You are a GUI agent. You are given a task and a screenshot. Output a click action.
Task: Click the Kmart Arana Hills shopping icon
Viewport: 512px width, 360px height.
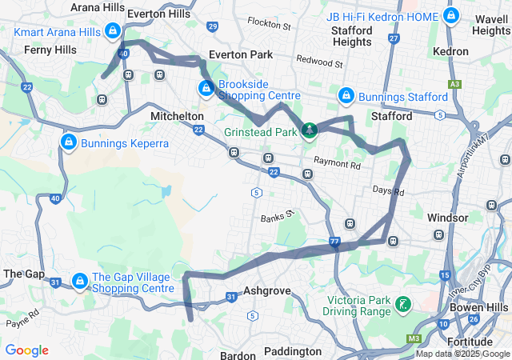pos(113,31)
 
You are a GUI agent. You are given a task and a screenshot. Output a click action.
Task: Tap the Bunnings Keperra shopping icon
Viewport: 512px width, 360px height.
pos(68,142)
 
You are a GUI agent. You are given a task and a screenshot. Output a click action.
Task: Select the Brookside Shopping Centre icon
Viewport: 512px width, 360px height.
pos(206,87)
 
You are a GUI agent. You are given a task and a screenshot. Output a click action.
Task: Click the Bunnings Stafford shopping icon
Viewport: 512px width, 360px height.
pos(346,96)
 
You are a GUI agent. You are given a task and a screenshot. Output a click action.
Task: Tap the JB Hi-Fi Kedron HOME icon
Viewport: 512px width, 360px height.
pos(451,17)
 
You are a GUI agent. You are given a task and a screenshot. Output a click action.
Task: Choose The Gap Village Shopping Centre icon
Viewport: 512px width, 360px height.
pos(80,281)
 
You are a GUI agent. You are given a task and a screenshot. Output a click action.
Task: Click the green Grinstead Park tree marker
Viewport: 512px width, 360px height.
pos(309,130)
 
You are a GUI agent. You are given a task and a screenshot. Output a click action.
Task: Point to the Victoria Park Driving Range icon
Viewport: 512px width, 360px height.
pos(404,303)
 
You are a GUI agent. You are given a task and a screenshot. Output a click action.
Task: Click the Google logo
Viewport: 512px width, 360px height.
pos(26,350)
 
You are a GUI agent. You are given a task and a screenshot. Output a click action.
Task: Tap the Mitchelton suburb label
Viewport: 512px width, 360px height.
pos(177,116)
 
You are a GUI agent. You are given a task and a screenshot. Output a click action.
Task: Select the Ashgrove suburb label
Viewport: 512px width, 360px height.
pos(266,291)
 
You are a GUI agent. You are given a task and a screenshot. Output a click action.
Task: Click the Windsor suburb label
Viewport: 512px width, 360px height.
pos(448,218)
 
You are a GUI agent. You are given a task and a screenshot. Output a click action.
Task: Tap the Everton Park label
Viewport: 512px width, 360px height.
pos(240,54)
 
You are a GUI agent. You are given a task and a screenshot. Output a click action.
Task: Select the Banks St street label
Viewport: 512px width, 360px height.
pos(278,217)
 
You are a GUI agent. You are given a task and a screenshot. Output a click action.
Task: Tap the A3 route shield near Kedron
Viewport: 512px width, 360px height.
pos(455,83)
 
